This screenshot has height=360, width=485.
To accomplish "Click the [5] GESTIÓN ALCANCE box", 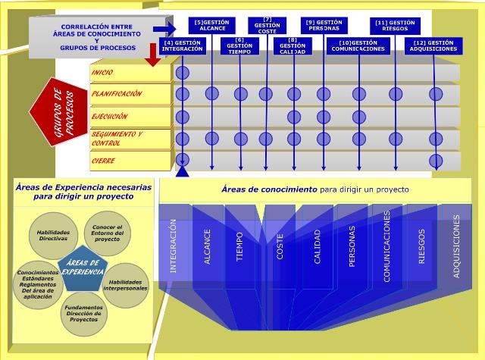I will [212, 25].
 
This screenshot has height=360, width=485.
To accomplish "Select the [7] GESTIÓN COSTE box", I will [268, 25].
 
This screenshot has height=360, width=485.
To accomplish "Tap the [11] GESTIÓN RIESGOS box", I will [394, 25].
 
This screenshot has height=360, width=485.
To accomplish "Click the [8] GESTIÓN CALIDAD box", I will [292, 45].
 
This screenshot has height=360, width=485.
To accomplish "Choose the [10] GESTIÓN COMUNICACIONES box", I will [358, 45].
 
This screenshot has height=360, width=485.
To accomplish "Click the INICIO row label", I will [103, 73].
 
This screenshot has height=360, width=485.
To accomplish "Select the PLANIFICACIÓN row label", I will [117, 94].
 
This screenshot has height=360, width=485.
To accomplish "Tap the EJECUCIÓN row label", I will [109, 117].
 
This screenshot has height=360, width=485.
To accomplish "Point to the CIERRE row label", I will [103, 161].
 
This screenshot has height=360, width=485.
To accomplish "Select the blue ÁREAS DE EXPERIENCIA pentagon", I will [82, 269].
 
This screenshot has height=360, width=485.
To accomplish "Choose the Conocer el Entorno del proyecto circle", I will [107, 232].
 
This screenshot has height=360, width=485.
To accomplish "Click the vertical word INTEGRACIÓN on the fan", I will [174, 246].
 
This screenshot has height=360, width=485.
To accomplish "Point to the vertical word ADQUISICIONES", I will [456, 246].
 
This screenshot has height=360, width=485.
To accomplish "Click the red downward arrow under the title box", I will [155, 53].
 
